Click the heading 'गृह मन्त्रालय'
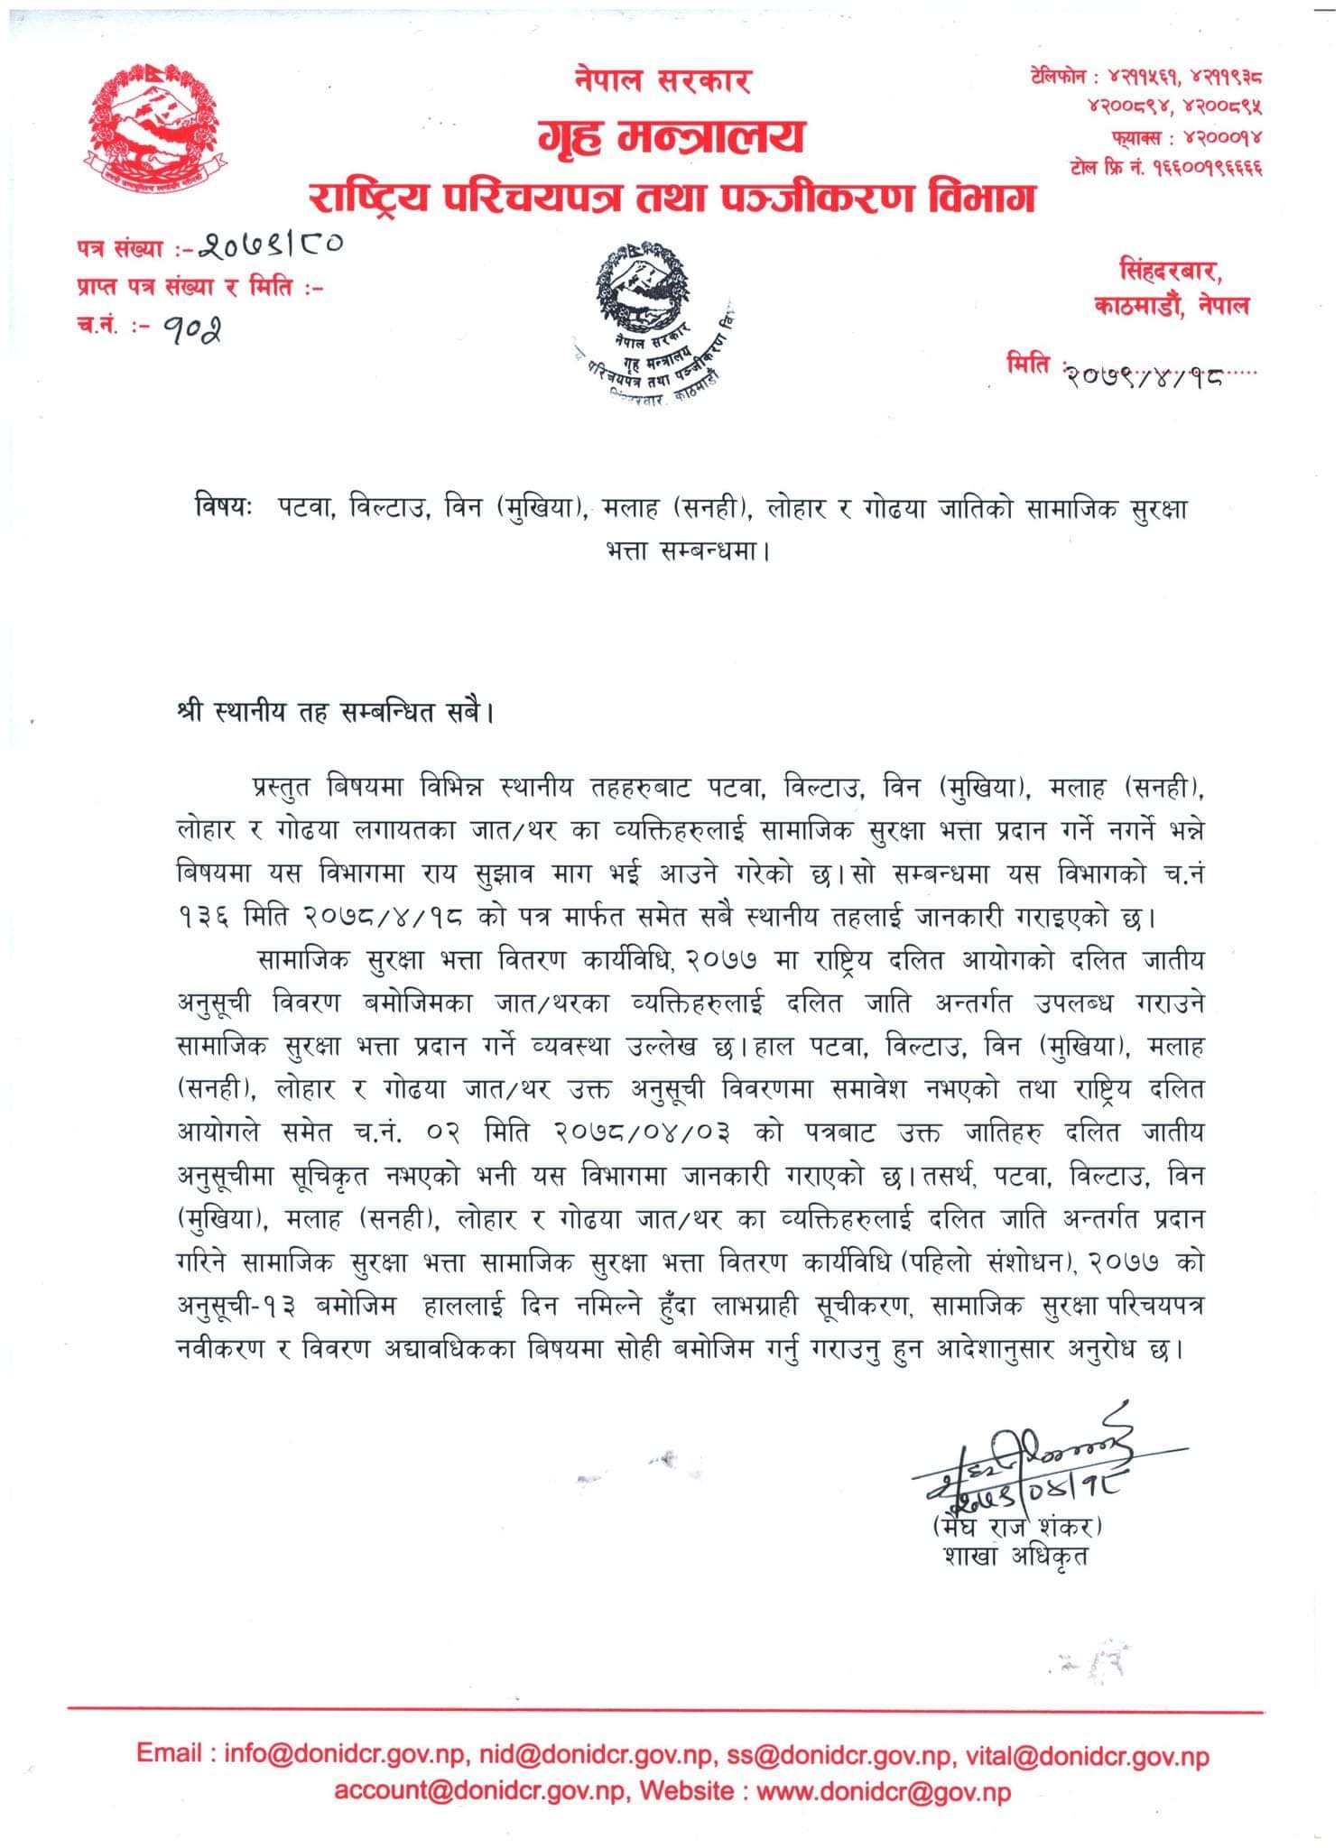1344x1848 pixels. [671, 137]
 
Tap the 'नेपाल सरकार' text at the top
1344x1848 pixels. [663, 81]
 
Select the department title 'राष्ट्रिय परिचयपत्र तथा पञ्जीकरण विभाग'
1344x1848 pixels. [672, 196]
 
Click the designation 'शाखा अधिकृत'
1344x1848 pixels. [1014, 1558]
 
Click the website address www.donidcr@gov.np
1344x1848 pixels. [884, 1790]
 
